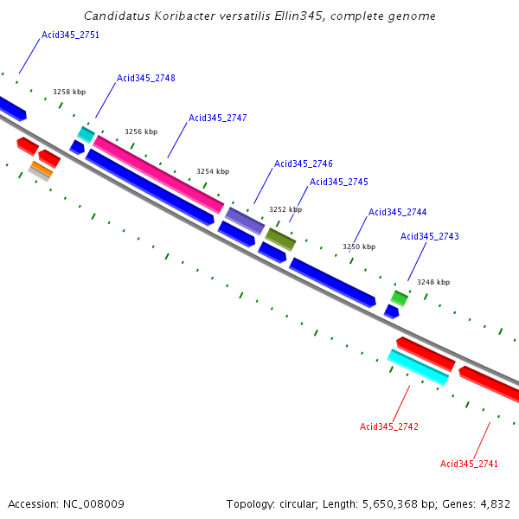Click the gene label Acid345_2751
point(70,35)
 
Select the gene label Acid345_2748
point(146,78)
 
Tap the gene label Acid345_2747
point(218,118)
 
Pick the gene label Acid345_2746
point(304,163)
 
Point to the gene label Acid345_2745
point(339,182)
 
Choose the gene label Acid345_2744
point(398,212)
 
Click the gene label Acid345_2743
point(430,236)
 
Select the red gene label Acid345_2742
point(389,426)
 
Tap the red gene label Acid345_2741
point(470,464)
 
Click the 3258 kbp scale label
point(69,92)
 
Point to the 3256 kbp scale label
point(141,131)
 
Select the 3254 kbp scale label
point(213,171)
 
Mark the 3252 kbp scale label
point(285,209)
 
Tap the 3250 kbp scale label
point(359,247)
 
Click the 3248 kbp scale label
point(433,282)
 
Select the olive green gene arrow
point(280,237)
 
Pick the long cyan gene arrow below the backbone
point(418,368)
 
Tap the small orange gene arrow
point(42,168)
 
